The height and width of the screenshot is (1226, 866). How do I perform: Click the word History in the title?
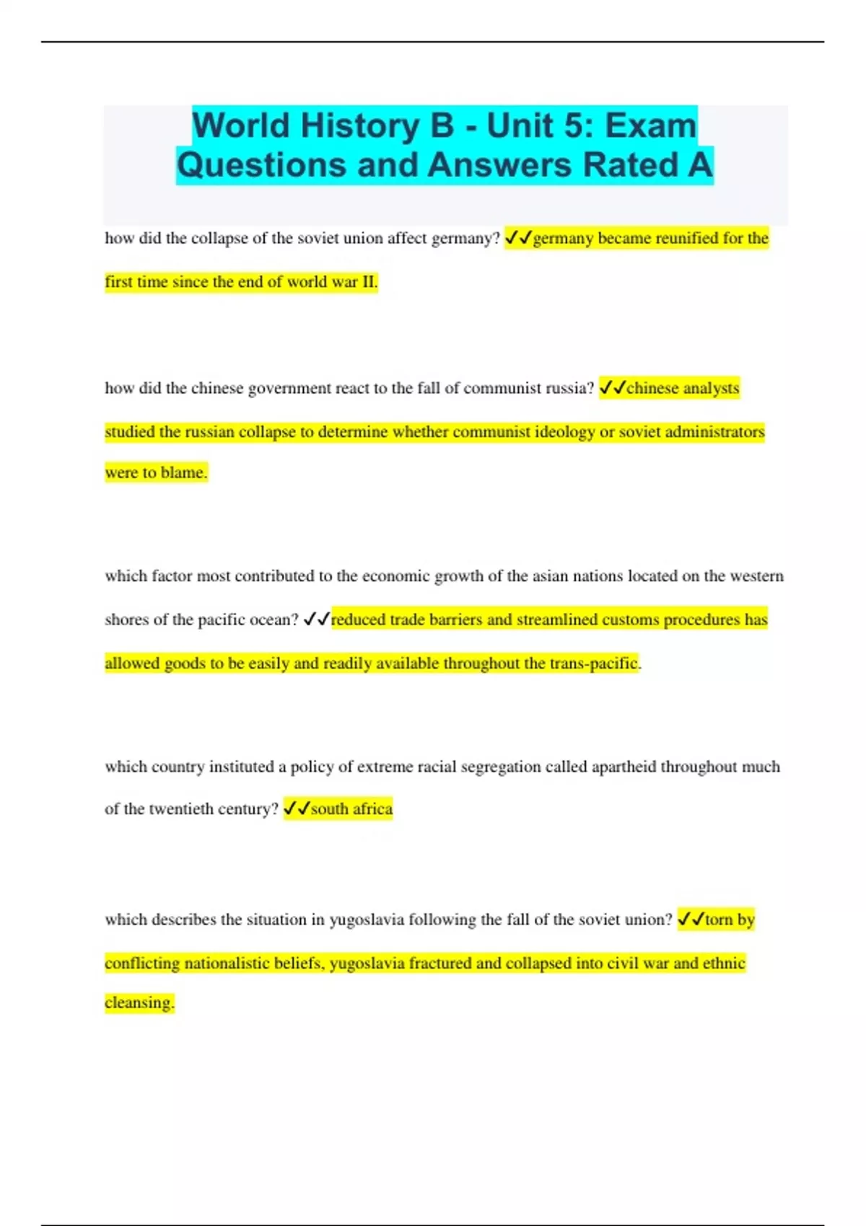(359, 125)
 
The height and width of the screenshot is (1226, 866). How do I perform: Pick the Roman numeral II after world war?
(369, 282)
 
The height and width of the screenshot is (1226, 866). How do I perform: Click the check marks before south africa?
(296, 809)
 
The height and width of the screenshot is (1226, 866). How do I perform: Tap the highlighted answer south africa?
(351, 809)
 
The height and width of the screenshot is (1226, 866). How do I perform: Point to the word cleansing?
(139, 1002)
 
